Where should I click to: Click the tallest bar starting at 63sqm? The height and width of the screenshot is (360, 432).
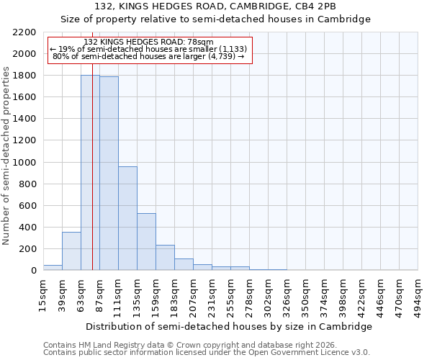pos(86,173)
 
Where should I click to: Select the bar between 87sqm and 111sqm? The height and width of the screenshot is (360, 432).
pos(109,173)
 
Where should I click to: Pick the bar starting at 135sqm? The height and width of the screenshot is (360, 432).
pos(146,242)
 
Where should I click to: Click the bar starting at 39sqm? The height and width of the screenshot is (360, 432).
pos(71,251)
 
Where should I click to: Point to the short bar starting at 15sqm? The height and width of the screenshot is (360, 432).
pos(53,267)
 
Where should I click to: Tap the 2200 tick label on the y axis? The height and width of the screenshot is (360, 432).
pos(24,32)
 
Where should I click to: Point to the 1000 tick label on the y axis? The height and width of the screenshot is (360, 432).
pos(24,163)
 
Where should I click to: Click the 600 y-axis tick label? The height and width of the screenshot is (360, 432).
pos(27,206)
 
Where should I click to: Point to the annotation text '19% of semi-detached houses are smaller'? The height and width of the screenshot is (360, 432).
pos(149,49)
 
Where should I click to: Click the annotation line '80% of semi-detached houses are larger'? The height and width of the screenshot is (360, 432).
pos(149,56)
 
